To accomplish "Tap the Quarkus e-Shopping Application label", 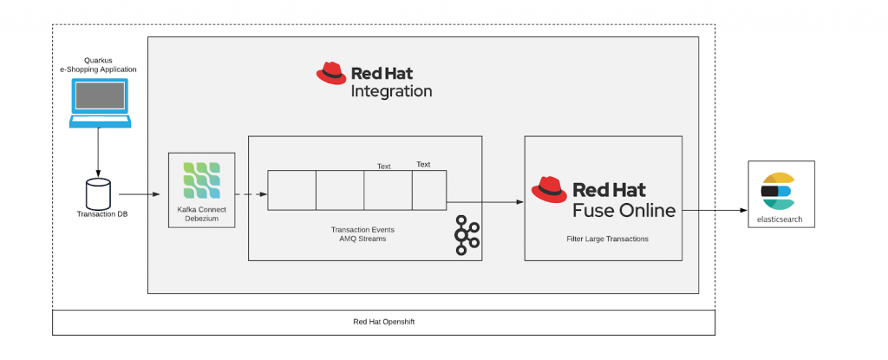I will coord(99,64).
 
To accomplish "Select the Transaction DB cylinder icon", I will coord(98,192).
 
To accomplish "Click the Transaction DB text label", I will coord(98,213).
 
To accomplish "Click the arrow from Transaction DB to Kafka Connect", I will coord(140,193).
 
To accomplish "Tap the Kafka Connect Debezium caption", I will coord(201,213).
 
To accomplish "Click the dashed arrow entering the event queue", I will coord(251,193).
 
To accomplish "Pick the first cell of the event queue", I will coord(291,191).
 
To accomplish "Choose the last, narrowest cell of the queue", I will coord(428,191).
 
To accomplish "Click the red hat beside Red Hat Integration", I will coord(330,74).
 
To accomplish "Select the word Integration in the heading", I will coord(390,90).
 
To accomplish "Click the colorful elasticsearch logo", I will coord(778,191).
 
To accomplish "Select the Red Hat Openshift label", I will coord(383,322).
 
